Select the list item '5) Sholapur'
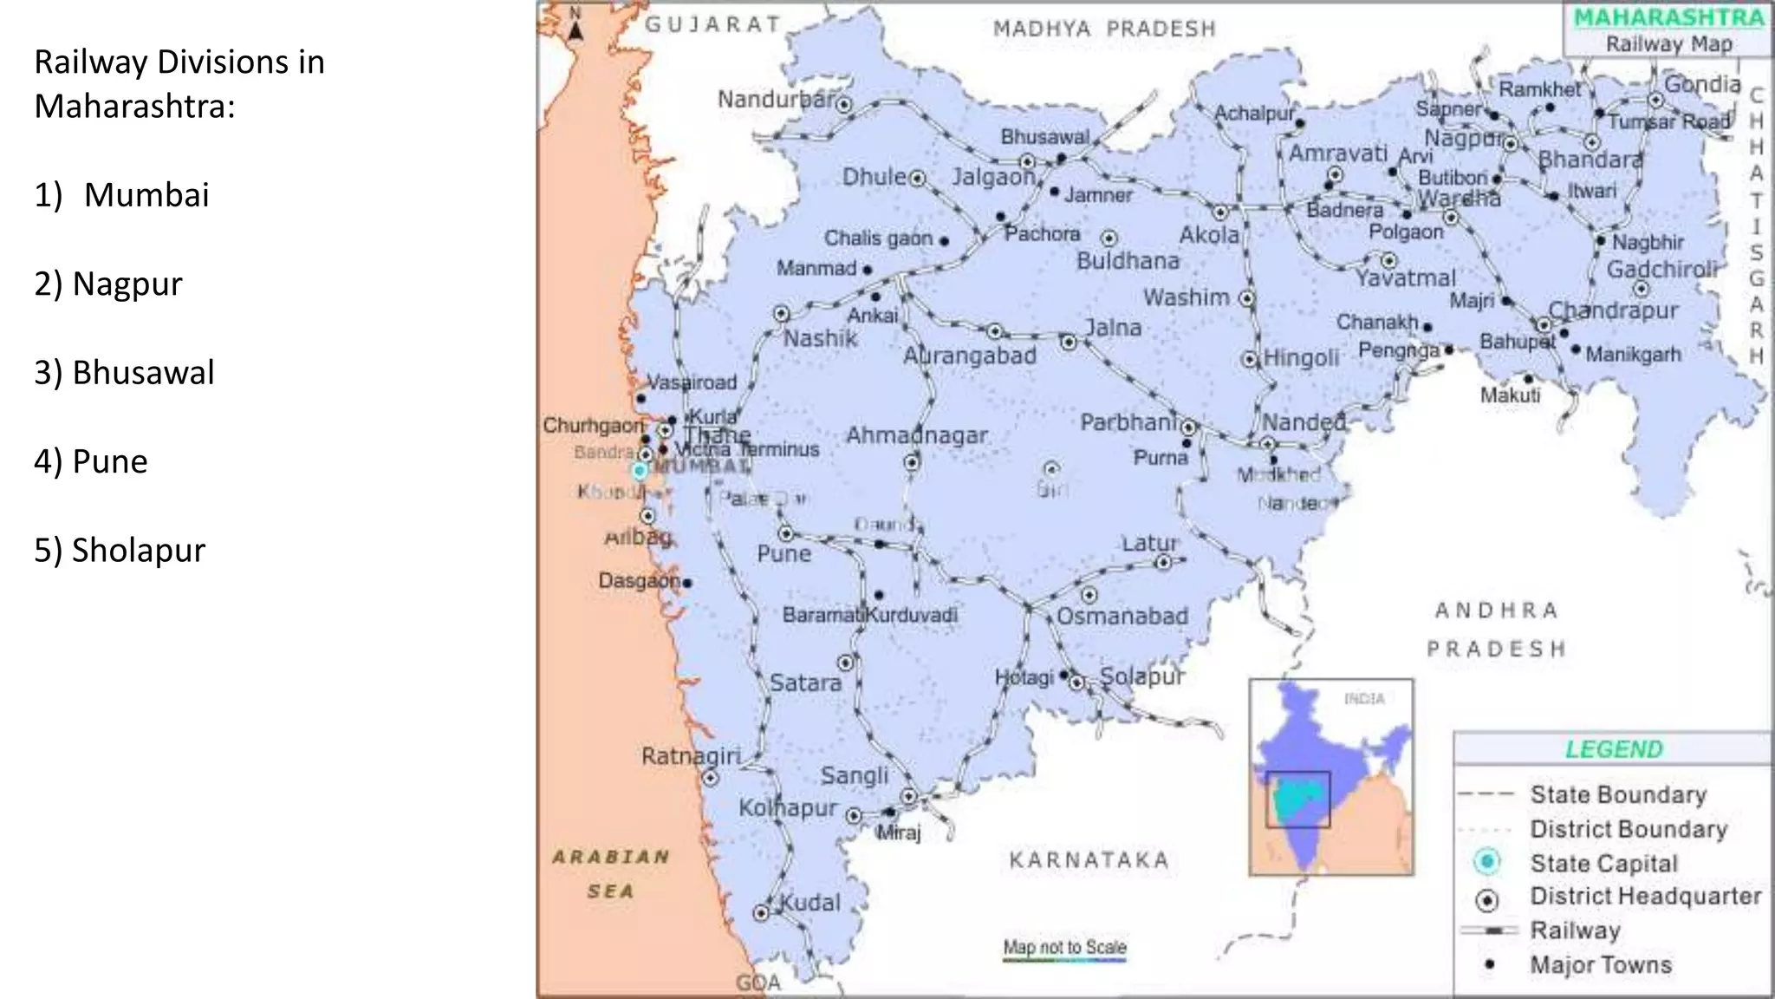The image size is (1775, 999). (120, 550)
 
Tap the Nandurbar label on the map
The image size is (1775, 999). (775, 100)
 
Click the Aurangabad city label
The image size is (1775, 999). (969, 356)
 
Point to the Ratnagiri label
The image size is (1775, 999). (691, 756)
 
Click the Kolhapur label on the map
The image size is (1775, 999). (787, 807)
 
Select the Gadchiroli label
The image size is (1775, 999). (1661, 270)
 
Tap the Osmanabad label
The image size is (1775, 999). (1122, 617)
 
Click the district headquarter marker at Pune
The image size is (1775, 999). (785, 533)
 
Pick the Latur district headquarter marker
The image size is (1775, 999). (1163, 563)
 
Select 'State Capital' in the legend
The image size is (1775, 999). (1603, 864)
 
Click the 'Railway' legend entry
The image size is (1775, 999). (1575, 930)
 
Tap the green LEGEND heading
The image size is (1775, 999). (1614, 749)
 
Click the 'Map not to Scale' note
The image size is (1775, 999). (1064, 947)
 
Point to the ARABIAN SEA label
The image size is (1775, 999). (611, 873)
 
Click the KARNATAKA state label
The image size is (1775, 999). (1089, 860)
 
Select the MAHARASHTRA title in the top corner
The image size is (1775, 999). (1668, 18)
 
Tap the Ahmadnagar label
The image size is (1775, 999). (916, 435)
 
